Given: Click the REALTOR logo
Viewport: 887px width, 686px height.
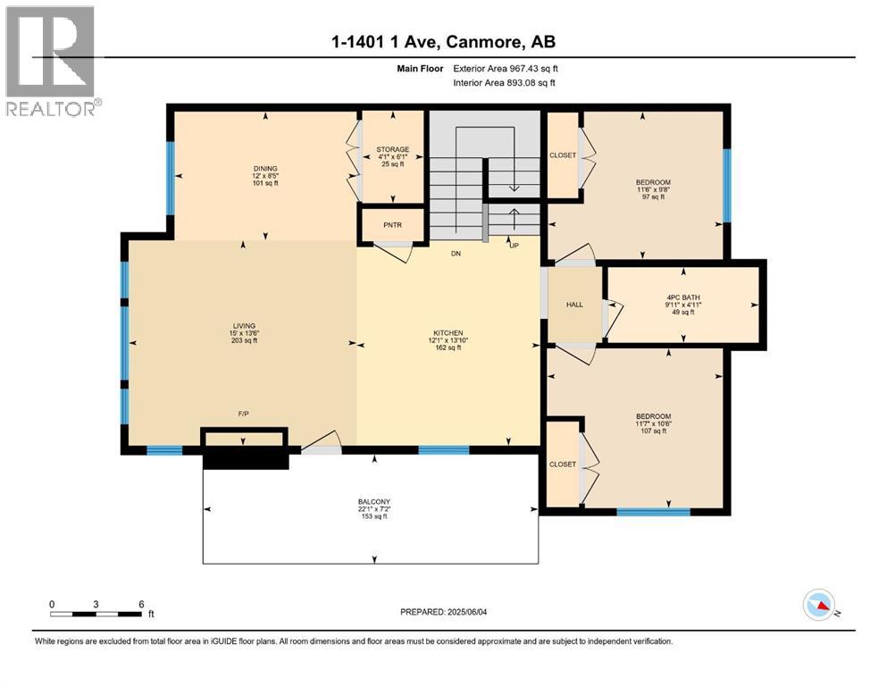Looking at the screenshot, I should click(x=52, y=61).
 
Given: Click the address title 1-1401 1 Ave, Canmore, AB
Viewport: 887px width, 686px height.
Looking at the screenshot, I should click(x=443, y=42).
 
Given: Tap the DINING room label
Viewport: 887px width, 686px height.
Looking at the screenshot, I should click(x=265, y=168).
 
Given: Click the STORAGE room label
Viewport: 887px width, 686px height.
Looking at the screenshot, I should click(x=392, y=149).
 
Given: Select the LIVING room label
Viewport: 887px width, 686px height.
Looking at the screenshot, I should click(x=244, y=326).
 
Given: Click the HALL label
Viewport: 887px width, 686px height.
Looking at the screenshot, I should click(x=574, y=305).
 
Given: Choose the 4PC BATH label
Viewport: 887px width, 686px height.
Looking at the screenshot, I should click(x=683, y=297).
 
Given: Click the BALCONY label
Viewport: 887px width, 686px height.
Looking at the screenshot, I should click(x=372, y=502).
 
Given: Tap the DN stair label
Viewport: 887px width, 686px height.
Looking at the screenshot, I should click(x=456, y=254).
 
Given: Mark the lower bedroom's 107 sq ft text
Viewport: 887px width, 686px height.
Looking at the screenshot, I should click(x=653, y=431).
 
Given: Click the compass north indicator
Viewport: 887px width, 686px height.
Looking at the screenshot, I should click(x=819, y=607).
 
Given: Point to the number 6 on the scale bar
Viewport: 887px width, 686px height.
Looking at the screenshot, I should click(x=141, y=604).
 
